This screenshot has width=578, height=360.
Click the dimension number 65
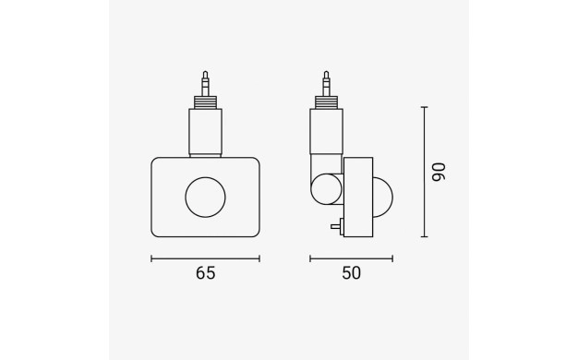(205, 273)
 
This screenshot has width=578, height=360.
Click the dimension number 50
(351, 273)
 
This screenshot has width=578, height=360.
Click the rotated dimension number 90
(439, 172)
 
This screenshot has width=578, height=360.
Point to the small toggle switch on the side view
(337, 226)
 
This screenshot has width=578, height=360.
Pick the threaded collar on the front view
(205, 102)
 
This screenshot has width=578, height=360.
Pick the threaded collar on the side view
(326, 102)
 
